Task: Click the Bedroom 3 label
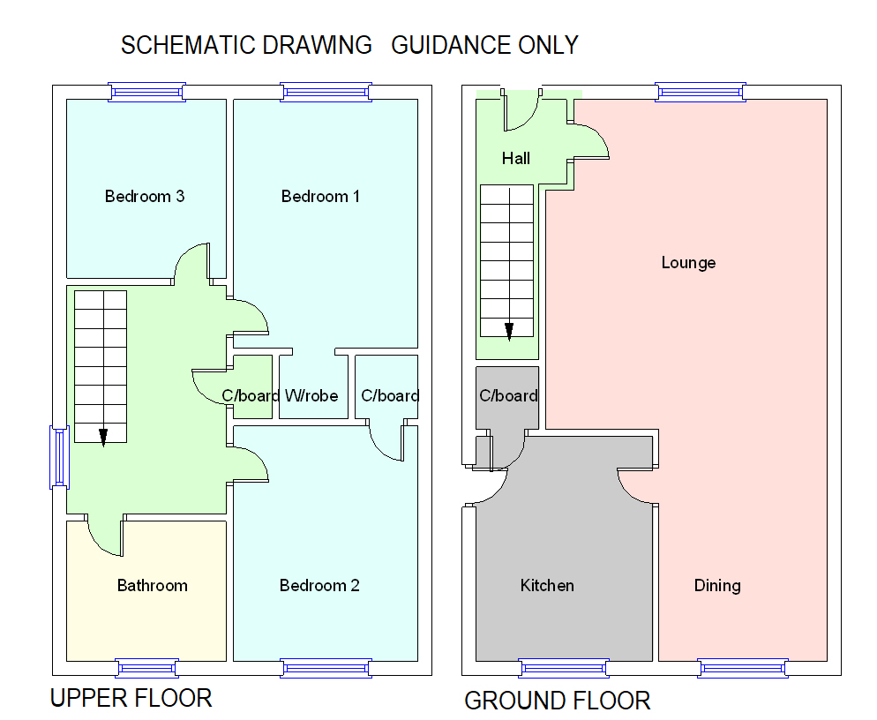[x=144, y=196]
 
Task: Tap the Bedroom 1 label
[x=320, y=196]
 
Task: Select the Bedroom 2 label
[x=319, y=585]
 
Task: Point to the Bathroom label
[x=152, y=585]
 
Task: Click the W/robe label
[x=311, y=396]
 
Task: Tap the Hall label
[x=516, y=159]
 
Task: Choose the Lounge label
[x=688, y=262]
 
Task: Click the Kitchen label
[x=547, y=585]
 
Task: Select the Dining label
[x=716, y=585]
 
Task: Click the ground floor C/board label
[x=508, y=395]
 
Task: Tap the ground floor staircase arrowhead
[x=509, y=331]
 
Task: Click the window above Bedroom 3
[x=147, y=91]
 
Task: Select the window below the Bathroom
[x=147, y=668]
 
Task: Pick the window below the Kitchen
[x=563, y=668]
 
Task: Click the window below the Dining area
[x=742, y=668]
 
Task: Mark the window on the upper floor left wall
[x=59, y=456]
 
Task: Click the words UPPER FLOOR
[x=131, y=699]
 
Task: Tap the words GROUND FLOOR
[x=557, y=701]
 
